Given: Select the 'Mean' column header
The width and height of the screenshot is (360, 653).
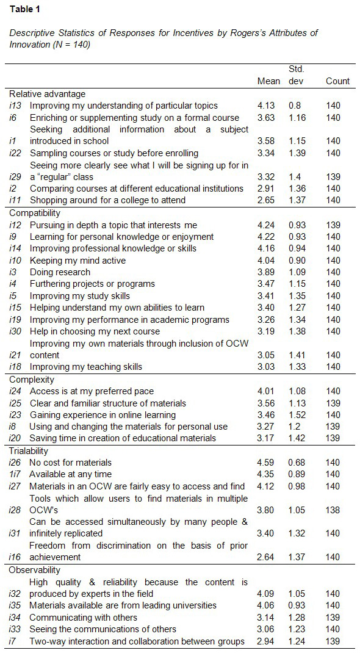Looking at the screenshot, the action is (268, 81).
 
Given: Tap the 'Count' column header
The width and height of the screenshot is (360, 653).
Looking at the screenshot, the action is (337, 81).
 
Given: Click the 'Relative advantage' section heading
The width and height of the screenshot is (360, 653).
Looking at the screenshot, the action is (47, 94).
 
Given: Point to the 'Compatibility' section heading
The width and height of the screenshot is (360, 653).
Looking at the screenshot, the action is (35, 213).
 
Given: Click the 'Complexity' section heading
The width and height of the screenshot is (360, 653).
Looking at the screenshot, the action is (32, 380).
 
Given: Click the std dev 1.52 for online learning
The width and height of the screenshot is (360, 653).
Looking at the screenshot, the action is (297, 415).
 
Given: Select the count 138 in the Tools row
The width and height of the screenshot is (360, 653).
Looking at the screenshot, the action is (333, 510).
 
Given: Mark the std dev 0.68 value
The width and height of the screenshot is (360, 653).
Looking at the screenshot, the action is (297, 463).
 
